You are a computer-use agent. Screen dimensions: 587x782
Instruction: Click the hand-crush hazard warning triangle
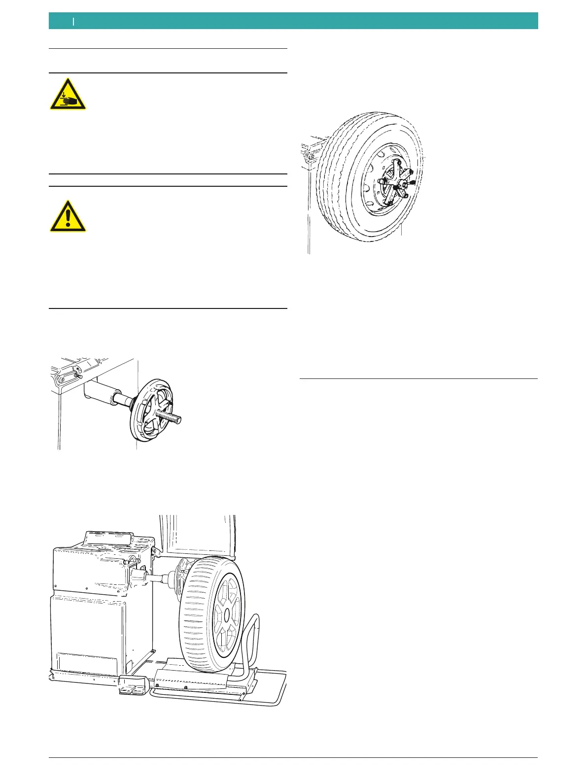(x=68, y=95)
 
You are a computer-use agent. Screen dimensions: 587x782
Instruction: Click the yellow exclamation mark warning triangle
(x=68, y=217)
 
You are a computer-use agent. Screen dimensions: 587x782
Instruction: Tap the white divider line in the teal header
(x=73, y=21)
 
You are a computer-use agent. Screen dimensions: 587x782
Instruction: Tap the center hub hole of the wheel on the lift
(x=226, y=614)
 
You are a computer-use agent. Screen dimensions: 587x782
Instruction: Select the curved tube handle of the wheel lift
(x=254, y=636)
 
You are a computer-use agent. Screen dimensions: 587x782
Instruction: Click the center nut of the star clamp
(x=404, y=184)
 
